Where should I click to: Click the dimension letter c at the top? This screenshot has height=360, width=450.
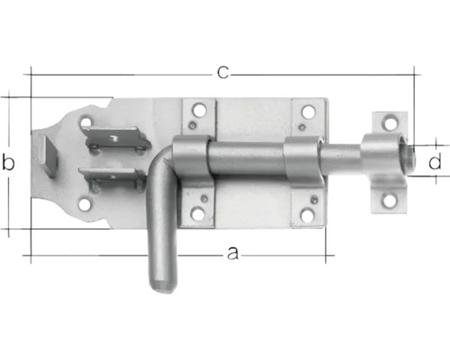tap(221, 70)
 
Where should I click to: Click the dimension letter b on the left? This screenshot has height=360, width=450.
tap(10, 163)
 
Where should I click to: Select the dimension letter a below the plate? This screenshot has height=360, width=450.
tap(233, 255)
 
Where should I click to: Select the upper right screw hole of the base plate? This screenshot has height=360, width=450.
tap(309, 112)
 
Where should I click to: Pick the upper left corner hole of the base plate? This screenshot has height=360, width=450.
tap(87, 119)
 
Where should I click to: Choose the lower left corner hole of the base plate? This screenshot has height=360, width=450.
tap(85, 203)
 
